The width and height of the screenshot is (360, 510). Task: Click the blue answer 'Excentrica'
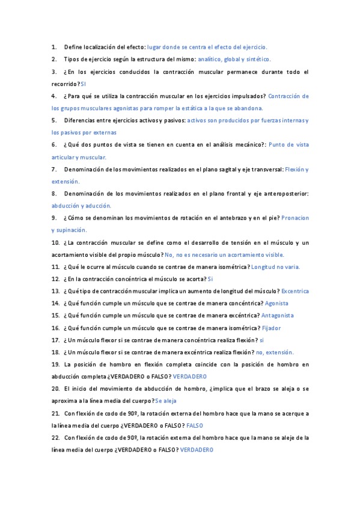pos(295,291)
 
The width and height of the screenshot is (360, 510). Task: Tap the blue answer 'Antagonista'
pos(278,315)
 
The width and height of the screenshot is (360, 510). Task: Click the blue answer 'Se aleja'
pos(165,401)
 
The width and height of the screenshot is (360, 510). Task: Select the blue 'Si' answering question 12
pos(210,279)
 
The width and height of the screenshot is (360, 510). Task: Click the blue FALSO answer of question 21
pos(195,425)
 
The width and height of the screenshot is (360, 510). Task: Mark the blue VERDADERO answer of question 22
pos(197,450)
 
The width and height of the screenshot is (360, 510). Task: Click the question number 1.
pos(54,46)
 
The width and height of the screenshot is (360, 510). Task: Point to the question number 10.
pos(55,242)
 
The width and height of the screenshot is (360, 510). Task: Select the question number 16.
pos(55,328)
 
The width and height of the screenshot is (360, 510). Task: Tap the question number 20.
pos(55,389)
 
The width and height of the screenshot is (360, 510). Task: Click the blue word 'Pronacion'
pos(295,218)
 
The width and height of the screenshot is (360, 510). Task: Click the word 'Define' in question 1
pos(73,46)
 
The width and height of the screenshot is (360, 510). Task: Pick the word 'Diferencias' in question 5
pos(81,120)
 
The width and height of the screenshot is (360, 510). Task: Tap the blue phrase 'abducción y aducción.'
pos(81,206)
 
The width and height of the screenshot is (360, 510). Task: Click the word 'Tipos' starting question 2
pos(72,59)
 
